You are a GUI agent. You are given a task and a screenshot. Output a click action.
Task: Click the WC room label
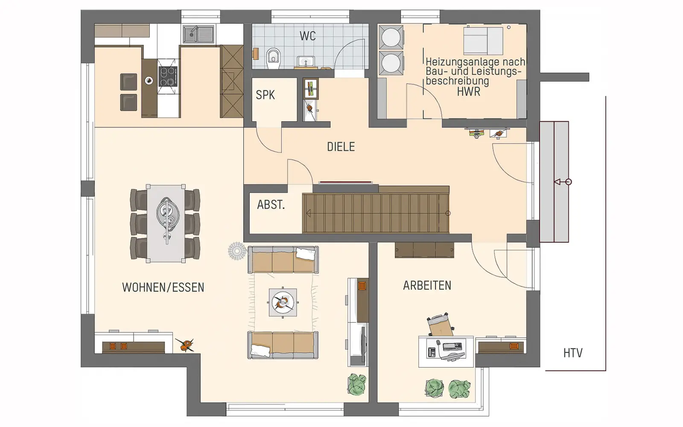(x=307, y=36)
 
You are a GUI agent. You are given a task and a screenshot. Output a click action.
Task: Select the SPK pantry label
(x=265, y=95)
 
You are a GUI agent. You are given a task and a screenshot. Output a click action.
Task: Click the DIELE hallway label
(x=341, y=147)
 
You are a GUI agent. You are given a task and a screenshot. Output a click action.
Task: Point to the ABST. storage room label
(x=271, y=205)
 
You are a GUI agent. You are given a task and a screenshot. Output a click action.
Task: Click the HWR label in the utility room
(x=468, y=92)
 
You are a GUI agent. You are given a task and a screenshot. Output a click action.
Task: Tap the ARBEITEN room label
(x=427, y=286)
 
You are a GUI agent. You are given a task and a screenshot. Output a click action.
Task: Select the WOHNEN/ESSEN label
(x=163, y=288)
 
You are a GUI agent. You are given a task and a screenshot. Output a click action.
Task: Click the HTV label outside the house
(x=573, y=353)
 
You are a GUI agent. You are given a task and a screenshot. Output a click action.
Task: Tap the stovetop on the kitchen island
(x=167, y=76)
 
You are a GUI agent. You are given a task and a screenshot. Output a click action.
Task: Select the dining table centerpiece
(x=166, y=213)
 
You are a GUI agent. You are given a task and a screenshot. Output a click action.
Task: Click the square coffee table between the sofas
(x=283, y=303)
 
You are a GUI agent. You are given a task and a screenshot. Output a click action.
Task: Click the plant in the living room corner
(x=357, y=384)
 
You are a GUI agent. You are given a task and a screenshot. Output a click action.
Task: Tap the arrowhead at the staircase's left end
(x=308, y=213)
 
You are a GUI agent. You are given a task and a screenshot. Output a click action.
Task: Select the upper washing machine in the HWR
(x=391, y=37)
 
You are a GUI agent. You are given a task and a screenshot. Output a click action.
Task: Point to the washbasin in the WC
(x=306, y=61)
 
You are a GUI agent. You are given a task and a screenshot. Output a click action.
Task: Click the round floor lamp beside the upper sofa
(x=237, y=251)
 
